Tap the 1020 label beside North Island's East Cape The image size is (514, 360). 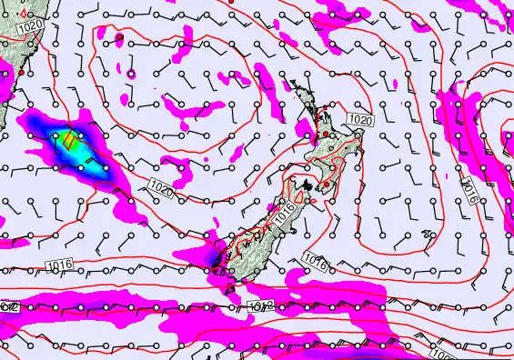coord(360,119)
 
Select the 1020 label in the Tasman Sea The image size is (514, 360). coord(162,188)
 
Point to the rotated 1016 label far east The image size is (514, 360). coord(469,187)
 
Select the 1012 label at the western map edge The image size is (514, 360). coord(9,309)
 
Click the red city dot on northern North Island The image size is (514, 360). coord(326,135)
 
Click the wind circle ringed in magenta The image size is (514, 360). coord(130,73)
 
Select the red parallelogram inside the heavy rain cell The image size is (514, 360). coord(70,141)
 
